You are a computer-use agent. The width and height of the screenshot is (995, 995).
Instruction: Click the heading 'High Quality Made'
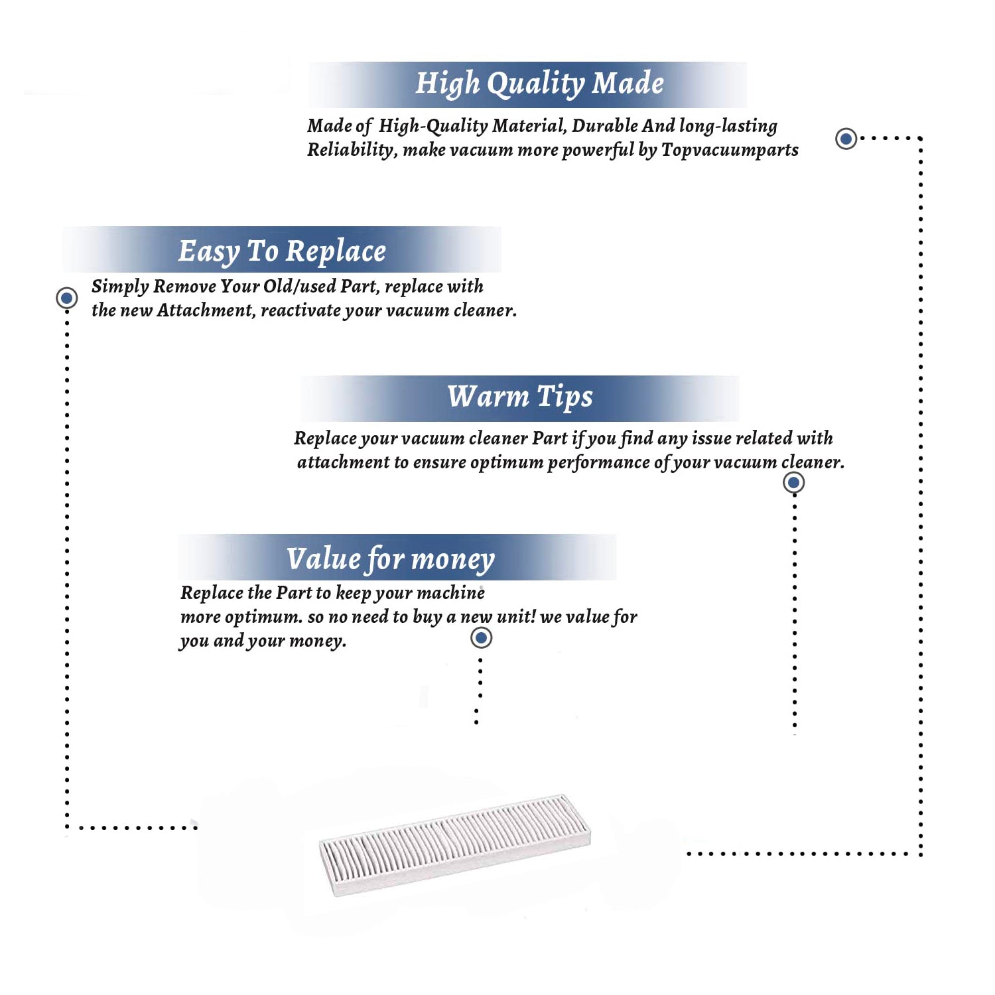point(539,84)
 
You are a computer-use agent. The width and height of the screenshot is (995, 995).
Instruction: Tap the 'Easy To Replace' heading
point(282,251)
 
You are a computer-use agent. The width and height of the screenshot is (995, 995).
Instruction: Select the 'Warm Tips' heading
point(519,396)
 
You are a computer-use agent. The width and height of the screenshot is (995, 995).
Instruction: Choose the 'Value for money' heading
point(390,559)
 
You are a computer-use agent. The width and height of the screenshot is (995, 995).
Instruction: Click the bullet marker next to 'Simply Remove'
point(66,298)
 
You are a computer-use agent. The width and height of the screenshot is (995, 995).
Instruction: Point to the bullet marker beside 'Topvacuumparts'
point(846,139)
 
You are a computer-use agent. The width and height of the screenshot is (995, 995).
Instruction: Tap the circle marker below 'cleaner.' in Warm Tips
point(793,482)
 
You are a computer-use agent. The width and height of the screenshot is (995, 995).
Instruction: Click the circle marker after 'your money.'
point(481,638)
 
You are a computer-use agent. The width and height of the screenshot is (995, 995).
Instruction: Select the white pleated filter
point(455,844)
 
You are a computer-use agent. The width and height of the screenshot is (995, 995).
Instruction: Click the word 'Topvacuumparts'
point(730,151)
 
